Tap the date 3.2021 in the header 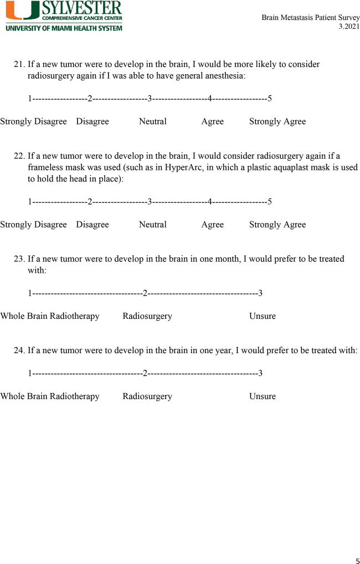click(348, 27)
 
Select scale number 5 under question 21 click(270, 99)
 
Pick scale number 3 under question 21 click(150, 99)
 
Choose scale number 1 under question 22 click(30, 202)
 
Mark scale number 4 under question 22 click(210, 202)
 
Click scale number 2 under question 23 click(145, 293)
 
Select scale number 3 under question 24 click(260, 373)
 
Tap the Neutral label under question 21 click(153, 122)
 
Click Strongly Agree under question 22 click(277, 225)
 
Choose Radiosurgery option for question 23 click(147, 317)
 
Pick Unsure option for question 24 click(263, 396)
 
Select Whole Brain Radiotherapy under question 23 click(50, 317)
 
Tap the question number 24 click(19, 350)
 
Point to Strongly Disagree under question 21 click(33, 122)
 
